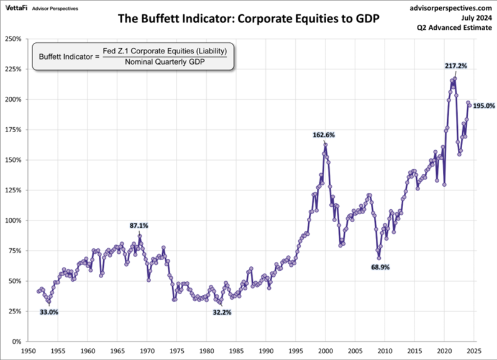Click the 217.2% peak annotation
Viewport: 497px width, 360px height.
click(x=456, y=65)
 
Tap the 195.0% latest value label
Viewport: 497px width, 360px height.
click(x=484, y=106)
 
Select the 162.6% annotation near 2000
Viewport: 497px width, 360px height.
click(x=325, y=134)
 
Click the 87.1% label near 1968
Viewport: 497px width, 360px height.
click(x=139, y=225)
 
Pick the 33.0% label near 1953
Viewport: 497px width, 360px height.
click(x=49, y=312)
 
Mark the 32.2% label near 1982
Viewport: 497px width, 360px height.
click(x=222, y=312)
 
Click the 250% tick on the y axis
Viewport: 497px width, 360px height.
click(x=13, y=39)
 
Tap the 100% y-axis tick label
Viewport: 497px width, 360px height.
click(x=13, y=221)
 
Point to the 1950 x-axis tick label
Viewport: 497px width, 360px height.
click(x=28, y=351)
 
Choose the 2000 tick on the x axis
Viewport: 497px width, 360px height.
click(x=326, y=351)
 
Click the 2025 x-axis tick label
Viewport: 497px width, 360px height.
click(x=474, y=351)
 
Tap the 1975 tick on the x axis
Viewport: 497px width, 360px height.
click(x=176, y=351)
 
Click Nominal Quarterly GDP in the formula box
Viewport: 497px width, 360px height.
click(x=165, y=62)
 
